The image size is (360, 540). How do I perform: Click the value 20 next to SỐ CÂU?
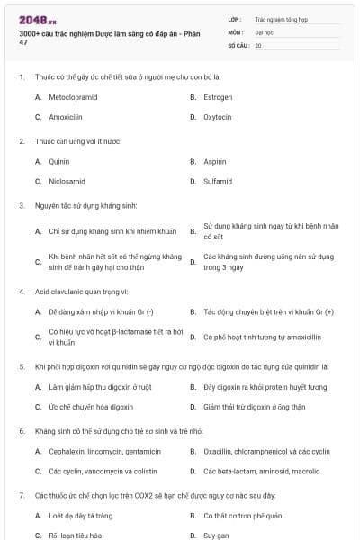(x=258, y=44)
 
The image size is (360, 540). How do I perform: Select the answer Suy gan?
(x=216, y=535)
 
